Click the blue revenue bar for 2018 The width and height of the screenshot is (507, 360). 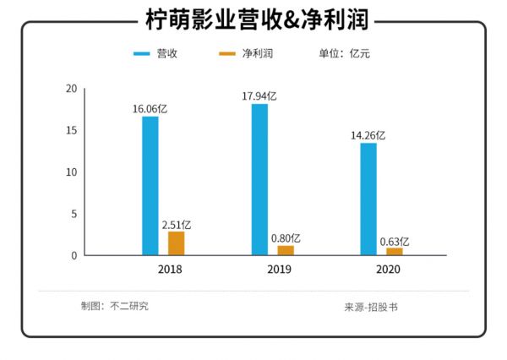click(x=150, y=185)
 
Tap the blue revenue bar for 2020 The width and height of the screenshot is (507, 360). click(x=368, y=199)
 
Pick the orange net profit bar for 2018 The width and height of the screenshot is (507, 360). click(x=176, y=243)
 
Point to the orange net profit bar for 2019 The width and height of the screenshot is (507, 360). click(x=286, y=250)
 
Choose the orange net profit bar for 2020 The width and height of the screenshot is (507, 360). click(x=395, y=251)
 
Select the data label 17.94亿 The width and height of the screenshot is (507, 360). click(x=259, y=95)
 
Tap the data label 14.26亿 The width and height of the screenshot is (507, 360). click(x=368, y=135)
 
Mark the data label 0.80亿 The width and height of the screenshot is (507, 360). click(x=286, y=238)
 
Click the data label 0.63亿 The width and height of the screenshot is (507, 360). click(x=395, y=241)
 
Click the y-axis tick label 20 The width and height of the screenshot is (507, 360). click(x=71, y=89)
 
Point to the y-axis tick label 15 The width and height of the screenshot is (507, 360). click(x=71, y=130)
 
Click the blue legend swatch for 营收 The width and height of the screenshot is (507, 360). click(x=141, y=54)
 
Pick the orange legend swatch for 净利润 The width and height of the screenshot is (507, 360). click(x=226, y=54)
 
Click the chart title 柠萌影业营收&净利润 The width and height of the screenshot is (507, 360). click(x=253, y=19)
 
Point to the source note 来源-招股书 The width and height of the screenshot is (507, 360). click(x=370, y=307)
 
